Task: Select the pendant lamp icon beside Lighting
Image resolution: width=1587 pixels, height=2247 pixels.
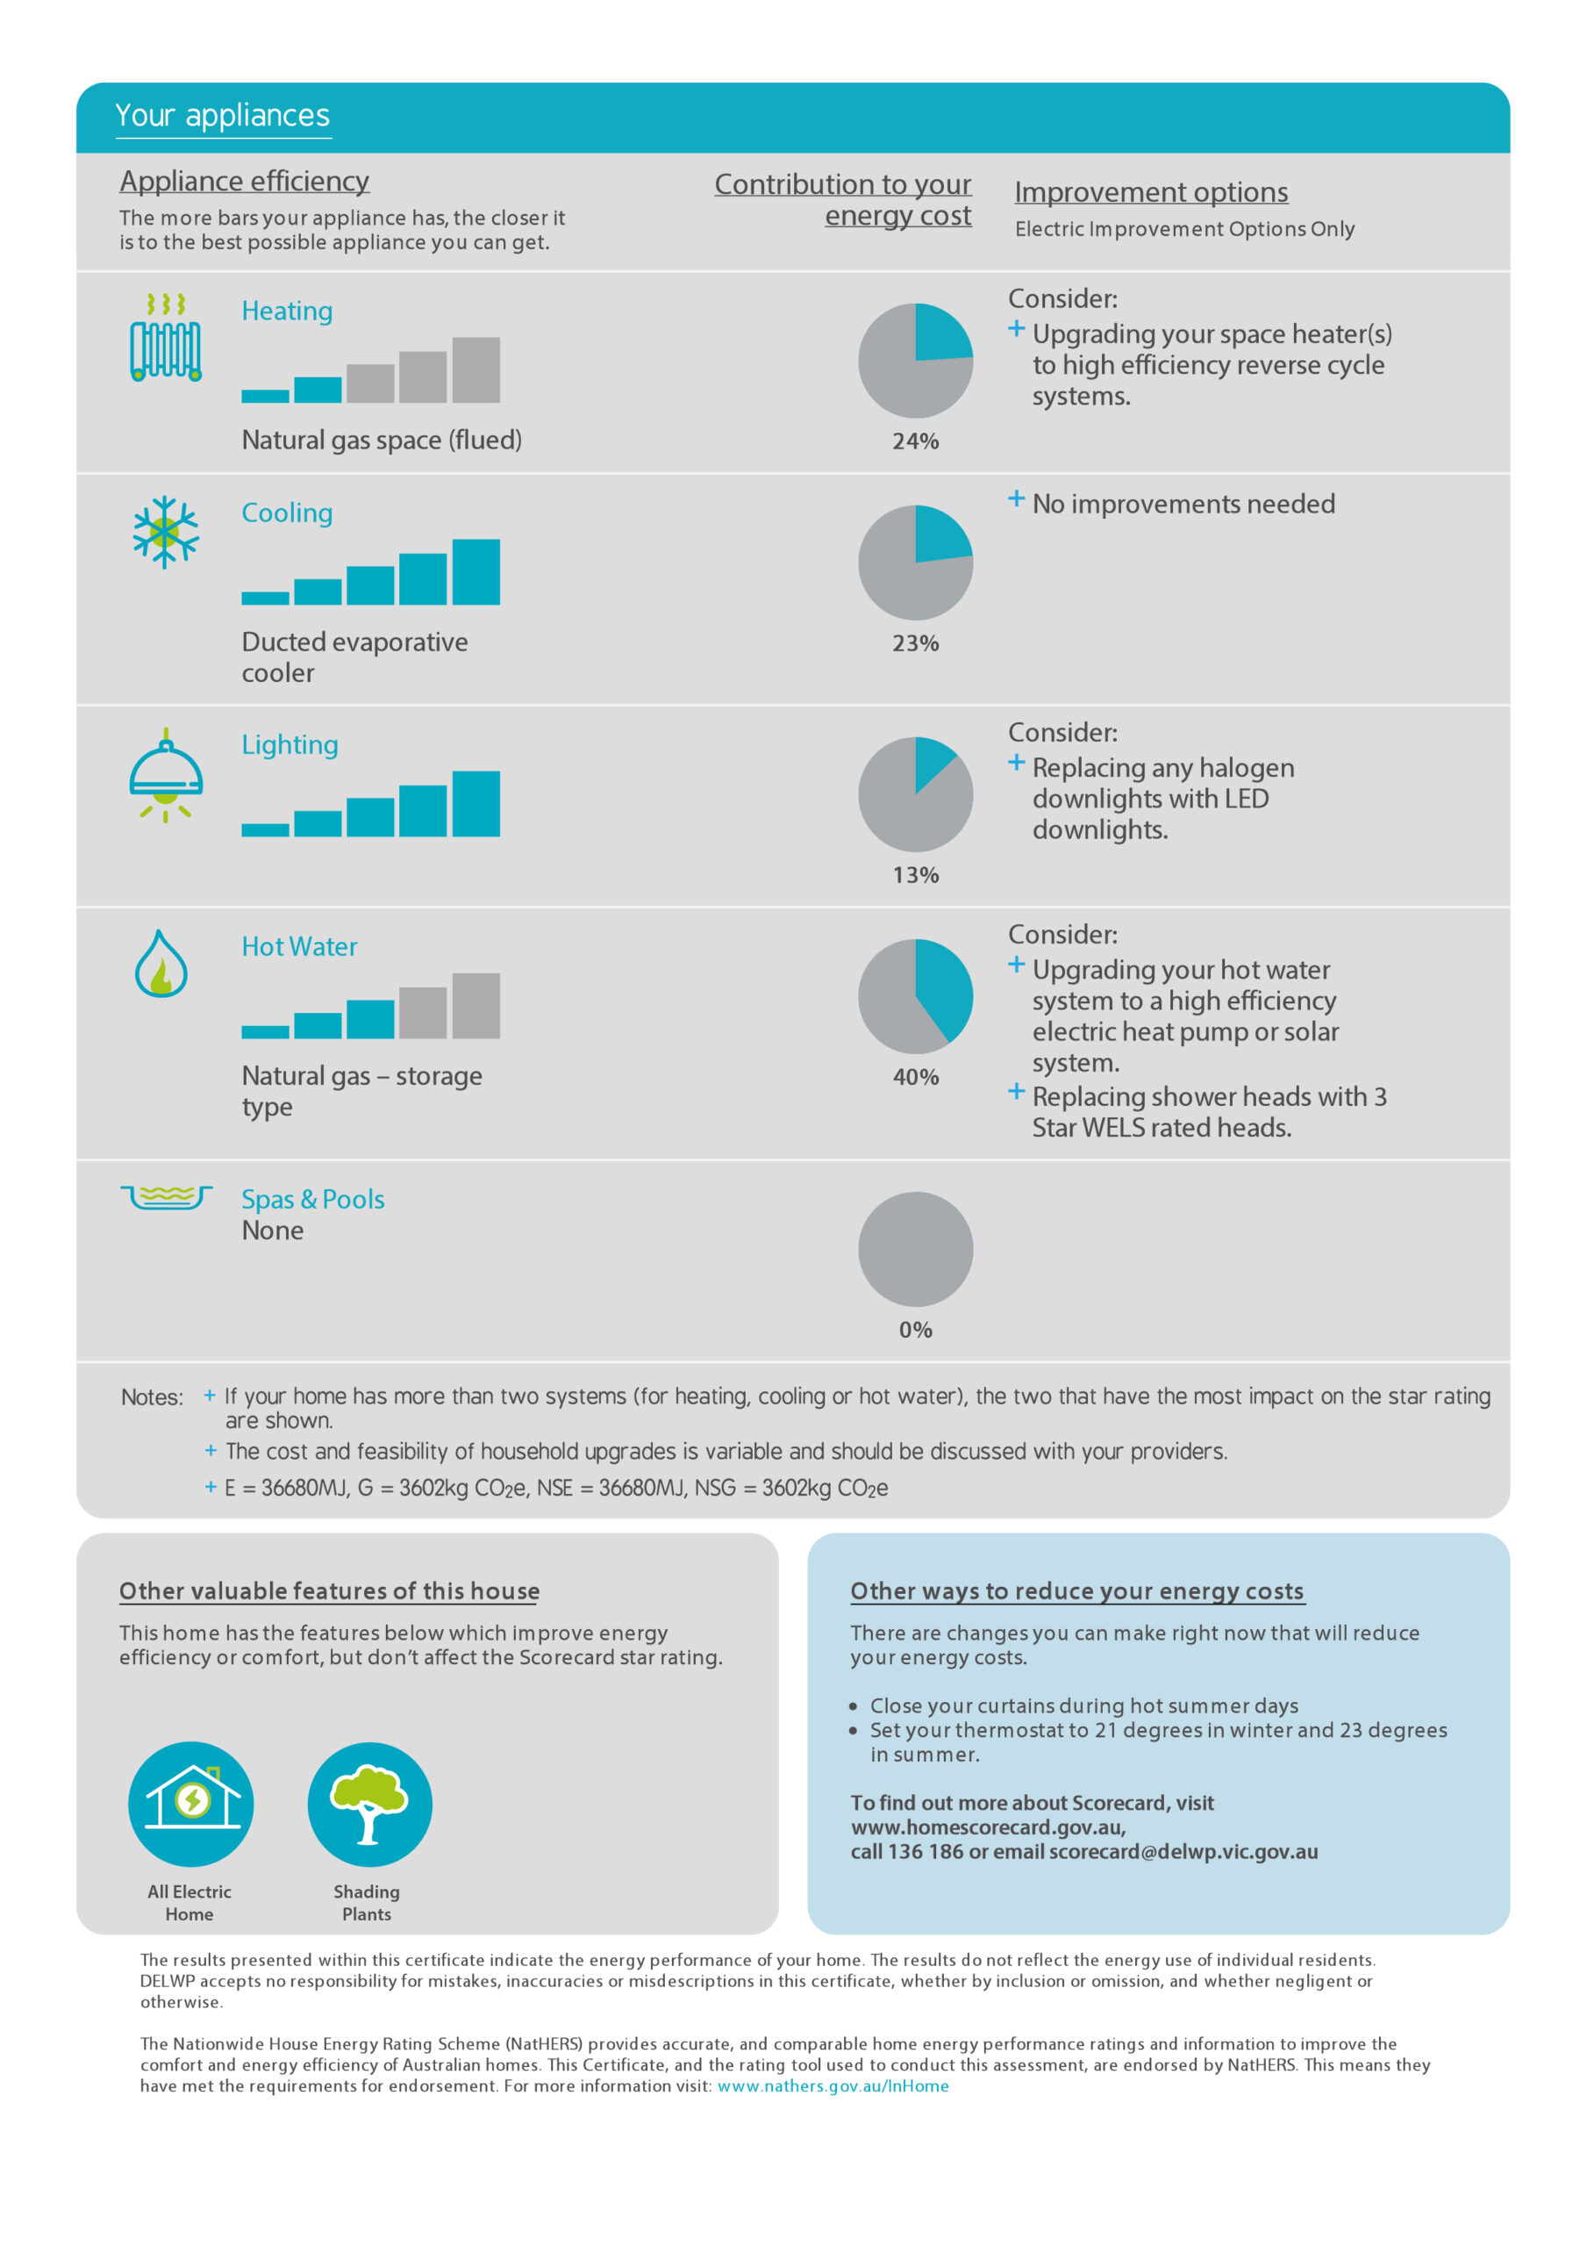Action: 165,775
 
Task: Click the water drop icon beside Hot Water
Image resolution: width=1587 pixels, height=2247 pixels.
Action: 161,964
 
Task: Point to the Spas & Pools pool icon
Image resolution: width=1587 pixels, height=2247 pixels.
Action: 165,1197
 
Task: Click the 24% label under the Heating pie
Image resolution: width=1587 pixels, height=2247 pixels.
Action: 915,442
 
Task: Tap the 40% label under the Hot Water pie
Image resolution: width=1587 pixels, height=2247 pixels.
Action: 915,1078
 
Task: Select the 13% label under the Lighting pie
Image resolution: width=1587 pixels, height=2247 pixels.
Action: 915,875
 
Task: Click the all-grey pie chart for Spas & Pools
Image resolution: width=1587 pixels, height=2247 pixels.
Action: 915,1249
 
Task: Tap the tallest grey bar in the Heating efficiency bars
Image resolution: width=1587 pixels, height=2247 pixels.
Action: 475,370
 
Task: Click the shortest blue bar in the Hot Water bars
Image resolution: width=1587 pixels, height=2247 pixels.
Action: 265,1031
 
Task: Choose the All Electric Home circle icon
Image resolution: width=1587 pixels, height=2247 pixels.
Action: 190,1804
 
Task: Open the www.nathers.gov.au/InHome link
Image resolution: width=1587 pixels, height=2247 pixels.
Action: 833,2085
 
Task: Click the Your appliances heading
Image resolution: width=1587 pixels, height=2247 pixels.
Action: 222,116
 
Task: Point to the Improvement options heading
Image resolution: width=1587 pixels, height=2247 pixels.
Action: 1151,193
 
